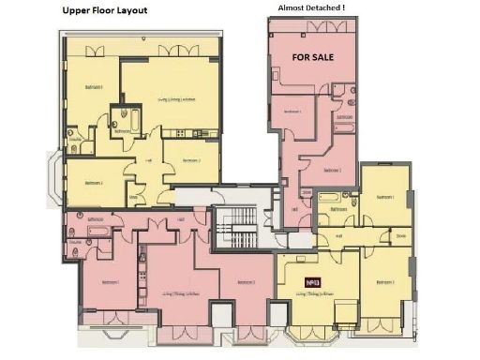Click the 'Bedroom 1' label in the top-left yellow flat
coord(95,87)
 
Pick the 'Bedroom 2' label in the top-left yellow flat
coord(190,160)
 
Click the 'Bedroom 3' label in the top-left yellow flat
coord(94,183)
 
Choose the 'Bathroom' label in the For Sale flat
coord(344,116)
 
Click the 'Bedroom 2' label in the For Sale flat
coord(332,170)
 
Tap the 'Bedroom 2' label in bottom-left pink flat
coord(246,281)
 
